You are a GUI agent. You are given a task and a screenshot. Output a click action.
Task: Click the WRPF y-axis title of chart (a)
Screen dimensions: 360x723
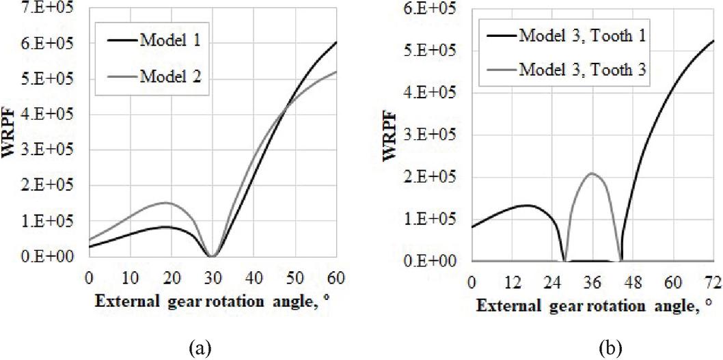point(11,129)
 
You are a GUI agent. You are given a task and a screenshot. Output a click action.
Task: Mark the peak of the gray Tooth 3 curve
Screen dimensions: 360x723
point(592,174)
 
